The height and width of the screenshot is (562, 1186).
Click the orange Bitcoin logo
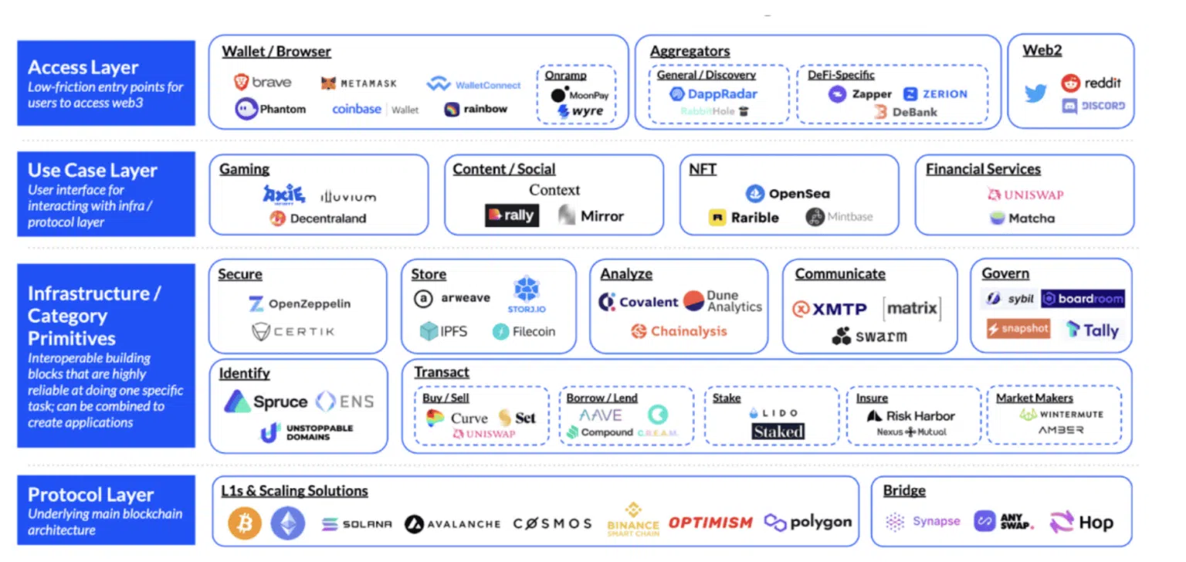(245, 523)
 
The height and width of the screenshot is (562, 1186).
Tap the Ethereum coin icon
(287, 523)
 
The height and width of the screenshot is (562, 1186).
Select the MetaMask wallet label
(358, 83)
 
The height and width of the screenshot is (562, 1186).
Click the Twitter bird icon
(1035, 94)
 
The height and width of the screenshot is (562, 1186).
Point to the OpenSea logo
(788, 194)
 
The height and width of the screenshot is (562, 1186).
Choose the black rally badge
(511, 215)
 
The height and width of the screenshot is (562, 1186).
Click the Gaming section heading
(244, 169)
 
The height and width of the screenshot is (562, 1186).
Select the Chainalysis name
(679, 331)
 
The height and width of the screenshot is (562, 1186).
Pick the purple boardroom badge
(1083, 299)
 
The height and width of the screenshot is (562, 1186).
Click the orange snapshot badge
(1018, 329)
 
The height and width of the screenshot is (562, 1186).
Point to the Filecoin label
(524, 332)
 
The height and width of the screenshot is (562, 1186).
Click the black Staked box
(778, 432)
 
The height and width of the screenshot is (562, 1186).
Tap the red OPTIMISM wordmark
(710, 523)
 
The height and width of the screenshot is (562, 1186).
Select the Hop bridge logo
(1081, 523)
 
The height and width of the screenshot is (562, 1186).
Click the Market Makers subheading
(1034, 398)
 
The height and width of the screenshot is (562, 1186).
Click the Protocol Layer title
(90, 495)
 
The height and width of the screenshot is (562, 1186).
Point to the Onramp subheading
(565, 76)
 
